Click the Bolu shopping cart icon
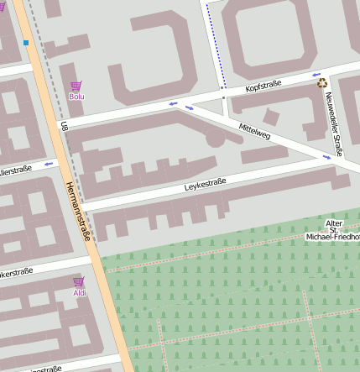(x=76, y=86)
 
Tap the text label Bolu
(x=76, y=97)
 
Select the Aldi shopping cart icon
(x=79, y=281)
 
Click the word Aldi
(x=79, y=292)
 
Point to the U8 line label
(x=64, y=126)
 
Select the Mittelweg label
(x=254, y=130)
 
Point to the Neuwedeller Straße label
(x=333, y=124)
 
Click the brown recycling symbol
(x=321, y=82)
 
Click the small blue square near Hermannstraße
(x=26, y=42)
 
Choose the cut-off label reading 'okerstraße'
(x=16, y=271)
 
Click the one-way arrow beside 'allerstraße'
(x=48, y=163)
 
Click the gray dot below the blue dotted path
(x=223, y=98)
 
